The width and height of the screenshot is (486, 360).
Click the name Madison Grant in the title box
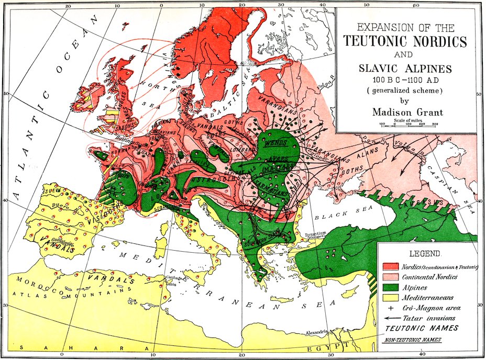click(407, 111)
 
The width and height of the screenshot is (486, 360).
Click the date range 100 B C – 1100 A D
click(407, 80)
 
